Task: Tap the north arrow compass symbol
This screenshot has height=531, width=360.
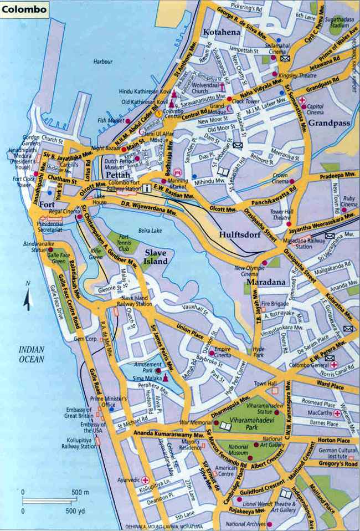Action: pyautogui.click(x=27, y=296)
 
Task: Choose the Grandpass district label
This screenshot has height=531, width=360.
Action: pyautogui.click(x=328, y=122)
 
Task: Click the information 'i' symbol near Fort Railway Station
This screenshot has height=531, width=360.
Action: pyautogui.click(x=147, y=189)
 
